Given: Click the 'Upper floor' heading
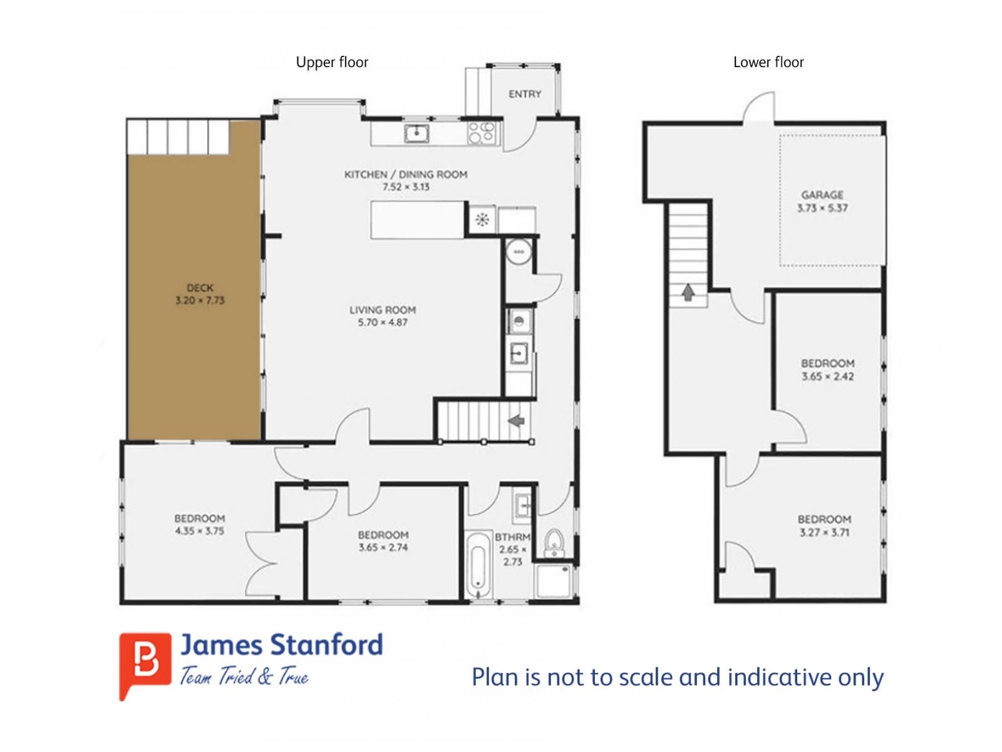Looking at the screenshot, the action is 332,62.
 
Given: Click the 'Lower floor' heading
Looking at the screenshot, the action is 768,62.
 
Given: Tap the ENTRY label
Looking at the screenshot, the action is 525,94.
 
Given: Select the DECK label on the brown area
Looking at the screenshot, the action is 200,288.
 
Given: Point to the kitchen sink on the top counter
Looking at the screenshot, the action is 416,133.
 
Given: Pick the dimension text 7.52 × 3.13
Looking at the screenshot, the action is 406,187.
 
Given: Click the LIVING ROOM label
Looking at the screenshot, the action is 383,310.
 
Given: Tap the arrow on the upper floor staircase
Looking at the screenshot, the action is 516,420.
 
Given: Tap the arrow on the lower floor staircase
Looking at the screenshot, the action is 688,292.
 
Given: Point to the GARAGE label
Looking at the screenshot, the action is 822,195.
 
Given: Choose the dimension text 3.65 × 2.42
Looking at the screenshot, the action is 827,377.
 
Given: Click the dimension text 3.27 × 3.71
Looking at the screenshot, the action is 824,533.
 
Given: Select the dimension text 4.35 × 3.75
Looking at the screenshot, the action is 200,531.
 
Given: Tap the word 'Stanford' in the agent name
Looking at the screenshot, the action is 326,645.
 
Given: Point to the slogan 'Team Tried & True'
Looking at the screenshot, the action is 244,676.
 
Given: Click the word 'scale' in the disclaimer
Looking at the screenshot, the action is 646,677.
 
